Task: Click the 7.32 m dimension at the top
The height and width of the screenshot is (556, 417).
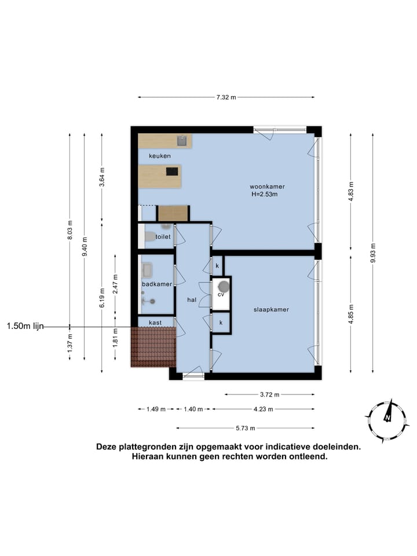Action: pyautogui.click(x=226, y=98)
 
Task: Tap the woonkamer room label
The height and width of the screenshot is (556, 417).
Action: pyautogui.click(x=267, y=186)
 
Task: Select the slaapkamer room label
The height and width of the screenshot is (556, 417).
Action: pyautogui.click(x=270, y=309)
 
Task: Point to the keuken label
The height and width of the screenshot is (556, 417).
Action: pyautogui.click(x=160, y=156)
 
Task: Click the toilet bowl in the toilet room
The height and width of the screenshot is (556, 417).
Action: pyautogui.click(x=149, y=236)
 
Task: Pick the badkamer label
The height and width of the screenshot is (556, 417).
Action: pyautogui.click(x=157, y=284)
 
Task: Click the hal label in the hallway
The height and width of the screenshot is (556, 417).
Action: pyautogui.click(x=191, y=300)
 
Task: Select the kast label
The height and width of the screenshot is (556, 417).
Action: pyautogui.click(x=155, y=323)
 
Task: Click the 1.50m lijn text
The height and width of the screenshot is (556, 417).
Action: pyautogui.click(x=25, y=327)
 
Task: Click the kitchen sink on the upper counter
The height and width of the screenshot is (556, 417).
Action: pyautogui.click(x=182, y=140)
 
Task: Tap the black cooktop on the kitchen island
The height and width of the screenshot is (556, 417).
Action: pyautogui.click(x=172, y=171)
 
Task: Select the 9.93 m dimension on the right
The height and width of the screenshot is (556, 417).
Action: pyautogui.click(x=372, y=253)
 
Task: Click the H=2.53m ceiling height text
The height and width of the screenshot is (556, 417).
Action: pyautogui.click(x=264, y=195)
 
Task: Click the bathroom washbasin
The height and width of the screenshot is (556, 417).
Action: pyautogui.click(x=147, y=269)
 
